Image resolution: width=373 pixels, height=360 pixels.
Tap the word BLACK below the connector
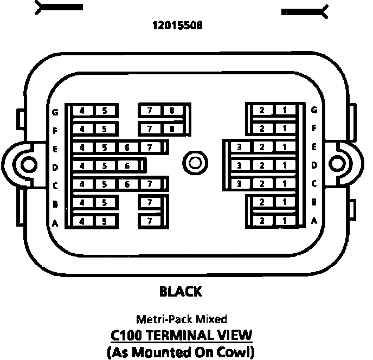(x=181, y=292)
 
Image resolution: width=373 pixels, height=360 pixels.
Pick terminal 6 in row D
(x=127, y=166)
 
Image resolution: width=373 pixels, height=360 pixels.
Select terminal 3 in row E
(x=240, y=147)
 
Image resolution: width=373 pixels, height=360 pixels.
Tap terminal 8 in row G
(x=172, y=111)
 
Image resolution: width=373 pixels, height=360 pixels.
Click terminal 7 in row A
(x=150, y=221)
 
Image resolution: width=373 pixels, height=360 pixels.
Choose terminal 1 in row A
(x=284, y=221)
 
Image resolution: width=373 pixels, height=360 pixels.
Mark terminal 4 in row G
(x=82, y=111)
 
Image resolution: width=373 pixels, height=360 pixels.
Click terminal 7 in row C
(x=150, y=184)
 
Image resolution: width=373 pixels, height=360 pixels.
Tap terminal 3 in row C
(x=240, y=184)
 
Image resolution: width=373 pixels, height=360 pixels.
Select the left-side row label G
(x=55, y=112)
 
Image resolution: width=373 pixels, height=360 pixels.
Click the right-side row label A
(x=314, y=221)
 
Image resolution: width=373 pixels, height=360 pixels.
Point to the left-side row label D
(x=55, y=167)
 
